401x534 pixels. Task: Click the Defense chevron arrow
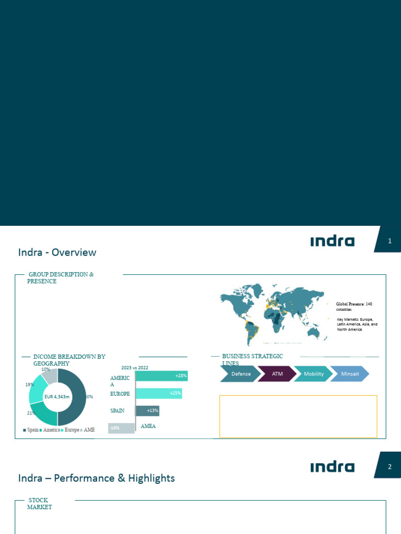pyautogui.click(x=241, y=374)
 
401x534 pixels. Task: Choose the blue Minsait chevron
pyautogui.click(x=349, y=374)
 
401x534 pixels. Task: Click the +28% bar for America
pyautogui.click(x=161, y=376)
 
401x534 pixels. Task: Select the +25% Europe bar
pyautogui.click(x=159, y=393)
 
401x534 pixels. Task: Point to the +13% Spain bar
pyautogui.click(x=147, y=411)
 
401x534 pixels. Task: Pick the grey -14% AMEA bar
pyautogui.click(x=121, y=428)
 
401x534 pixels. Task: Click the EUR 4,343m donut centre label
pyautogui.click(x=57, y=397)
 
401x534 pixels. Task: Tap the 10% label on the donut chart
pyautogui.click(x=45, y=369)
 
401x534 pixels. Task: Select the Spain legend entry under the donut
pyautogui.click(x=31, y=430)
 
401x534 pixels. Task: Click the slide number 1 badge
pyautogui.click(x=390, y=241)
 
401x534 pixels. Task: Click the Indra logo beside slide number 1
pyautogui.click(x=332, y=241)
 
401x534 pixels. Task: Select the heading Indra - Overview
pyautogui.click(x=57, y=252)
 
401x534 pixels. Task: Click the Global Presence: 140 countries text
pyautogui.click(x=354, y=307)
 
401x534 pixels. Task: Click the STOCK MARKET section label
pyautogui.click(x=39, y=504)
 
